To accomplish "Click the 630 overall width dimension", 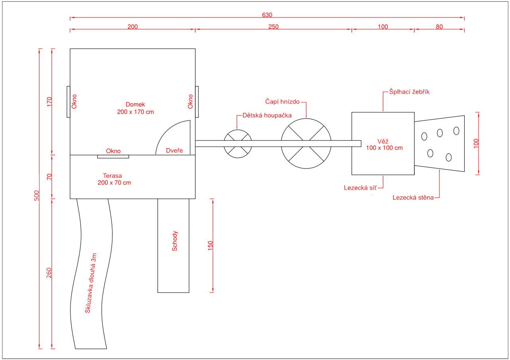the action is [x=267, y=15].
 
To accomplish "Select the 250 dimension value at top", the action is [x=273, y=27].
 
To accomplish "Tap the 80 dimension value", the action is [x=439, y=27].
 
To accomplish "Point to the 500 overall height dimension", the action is [x=36, y=196].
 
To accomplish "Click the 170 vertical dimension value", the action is [x=49, y=102].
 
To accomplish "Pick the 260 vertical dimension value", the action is [x=49, y=273].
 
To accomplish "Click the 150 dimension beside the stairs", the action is [x=210, y=246].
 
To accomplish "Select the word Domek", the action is [x=135, y=104].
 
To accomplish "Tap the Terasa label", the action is [x=112, y=176].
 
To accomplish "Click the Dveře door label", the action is [x=175, y=151].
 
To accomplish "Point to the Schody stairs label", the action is [x=175, y=241].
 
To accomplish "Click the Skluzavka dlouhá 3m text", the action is [x=90, y=283].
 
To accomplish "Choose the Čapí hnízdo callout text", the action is [x=282, y=102].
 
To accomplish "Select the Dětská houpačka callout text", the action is [x=267, y=115].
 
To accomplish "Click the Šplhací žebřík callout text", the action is [x=409, y=92].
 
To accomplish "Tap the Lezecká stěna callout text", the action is [x=413, y=197].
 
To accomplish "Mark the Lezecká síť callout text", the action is [x=360, y=188].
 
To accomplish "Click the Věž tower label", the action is [x=383, y=141].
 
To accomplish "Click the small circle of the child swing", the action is [x=238, y=130].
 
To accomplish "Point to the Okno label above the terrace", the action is [x=113, y=151].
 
